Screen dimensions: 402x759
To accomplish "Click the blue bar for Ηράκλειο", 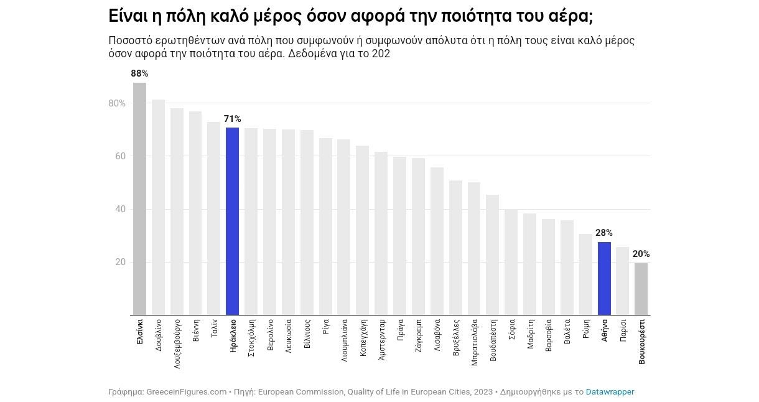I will (232, 221).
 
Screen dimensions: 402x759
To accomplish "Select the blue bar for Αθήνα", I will (604, 278).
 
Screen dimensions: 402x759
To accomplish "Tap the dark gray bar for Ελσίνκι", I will (139, 199).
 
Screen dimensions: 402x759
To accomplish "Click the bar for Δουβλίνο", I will (158, 207).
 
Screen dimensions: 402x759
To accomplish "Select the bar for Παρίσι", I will (622, 281).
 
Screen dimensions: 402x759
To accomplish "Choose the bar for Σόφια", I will (511, 262).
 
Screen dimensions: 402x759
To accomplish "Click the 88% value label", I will (139, 73).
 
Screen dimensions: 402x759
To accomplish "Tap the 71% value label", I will (232, 119).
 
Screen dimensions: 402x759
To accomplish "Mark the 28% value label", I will (604, 233).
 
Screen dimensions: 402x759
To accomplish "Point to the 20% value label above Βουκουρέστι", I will (641, 254).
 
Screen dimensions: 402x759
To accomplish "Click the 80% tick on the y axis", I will (117, 103).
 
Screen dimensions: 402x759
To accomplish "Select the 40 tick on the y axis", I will (119, 209).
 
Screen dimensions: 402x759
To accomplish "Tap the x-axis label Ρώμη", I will (586, 329).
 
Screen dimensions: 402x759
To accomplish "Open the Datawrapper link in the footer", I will (610, 392).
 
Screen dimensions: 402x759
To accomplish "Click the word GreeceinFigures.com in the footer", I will (186, 392).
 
